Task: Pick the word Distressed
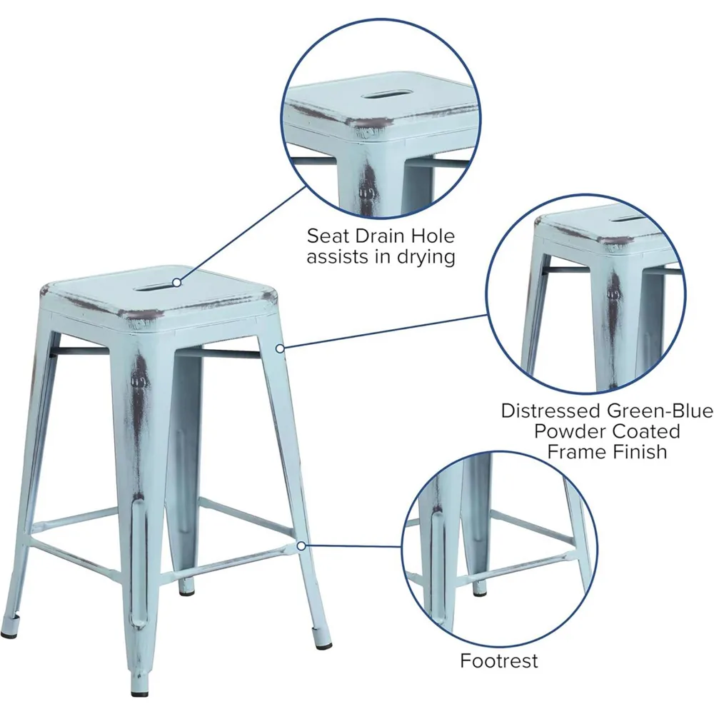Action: click(x=550, y=411)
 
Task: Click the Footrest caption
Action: click(x=498, y=661)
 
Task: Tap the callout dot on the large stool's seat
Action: click(x=176, y=283)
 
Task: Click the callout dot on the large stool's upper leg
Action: click(x=281, y=348)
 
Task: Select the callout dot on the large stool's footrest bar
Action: click(x=301, y=546)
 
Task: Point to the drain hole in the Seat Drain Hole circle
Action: click(x=383, y=95)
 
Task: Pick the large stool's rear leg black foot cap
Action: click(x=187, y=588)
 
